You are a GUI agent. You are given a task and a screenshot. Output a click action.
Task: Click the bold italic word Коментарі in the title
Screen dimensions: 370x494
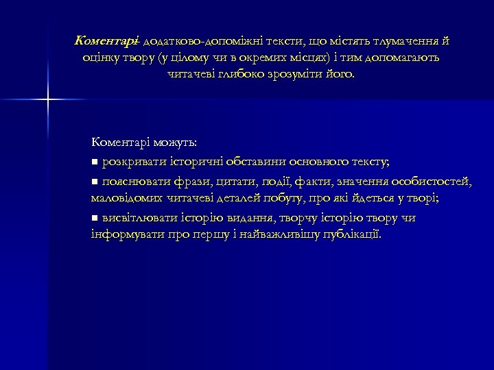[x=107, y=41]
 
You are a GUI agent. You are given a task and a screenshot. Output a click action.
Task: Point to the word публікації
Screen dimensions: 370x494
[x=347, y=235]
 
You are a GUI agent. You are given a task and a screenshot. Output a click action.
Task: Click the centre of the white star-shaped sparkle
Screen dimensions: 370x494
[x=49, y=100]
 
